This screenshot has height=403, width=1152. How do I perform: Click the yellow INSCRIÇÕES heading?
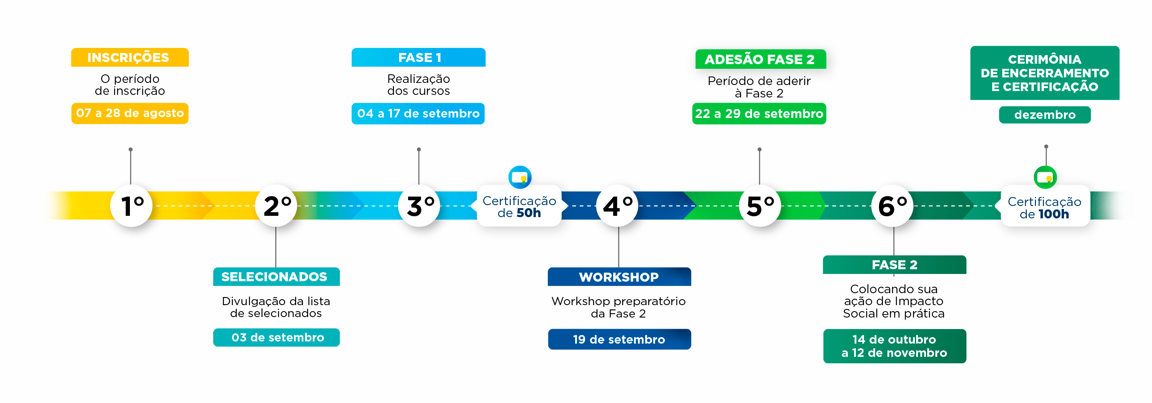point(130,57)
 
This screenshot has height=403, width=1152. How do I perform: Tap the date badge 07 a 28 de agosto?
point(130,113)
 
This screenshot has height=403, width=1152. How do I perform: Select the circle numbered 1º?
point(132,206)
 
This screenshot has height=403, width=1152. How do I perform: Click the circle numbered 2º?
point(276,206)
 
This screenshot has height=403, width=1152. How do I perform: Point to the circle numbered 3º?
point(419,206)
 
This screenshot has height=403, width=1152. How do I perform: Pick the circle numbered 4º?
point(617,206)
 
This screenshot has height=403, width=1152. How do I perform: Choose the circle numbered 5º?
point(760,206)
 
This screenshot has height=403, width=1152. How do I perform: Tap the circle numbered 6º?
point(892,206)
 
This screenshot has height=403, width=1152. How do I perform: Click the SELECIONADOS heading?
point(276,277)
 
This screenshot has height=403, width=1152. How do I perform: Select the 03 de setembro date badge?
point(276,337)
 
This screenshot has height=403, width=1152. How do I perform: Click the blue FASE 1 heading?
point(419,57)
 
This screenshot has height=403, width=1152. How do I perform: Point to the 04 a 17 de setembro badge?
point(418,114)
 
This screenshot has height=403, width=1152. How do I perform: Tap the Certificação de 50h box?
point(519,206)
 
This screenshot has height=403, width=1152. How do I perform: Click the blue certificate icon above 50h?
point(520,177)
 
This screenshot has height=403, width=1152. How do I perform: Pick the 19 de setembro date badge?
point(620,339)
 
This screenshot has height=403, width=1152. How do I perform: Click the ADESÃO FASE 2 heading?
point(760,59)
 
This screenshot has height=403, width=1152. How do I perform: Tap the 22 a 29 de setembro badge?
point(759,114)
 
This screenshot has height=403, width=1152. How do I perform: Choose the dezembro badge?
point(1045,115)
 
